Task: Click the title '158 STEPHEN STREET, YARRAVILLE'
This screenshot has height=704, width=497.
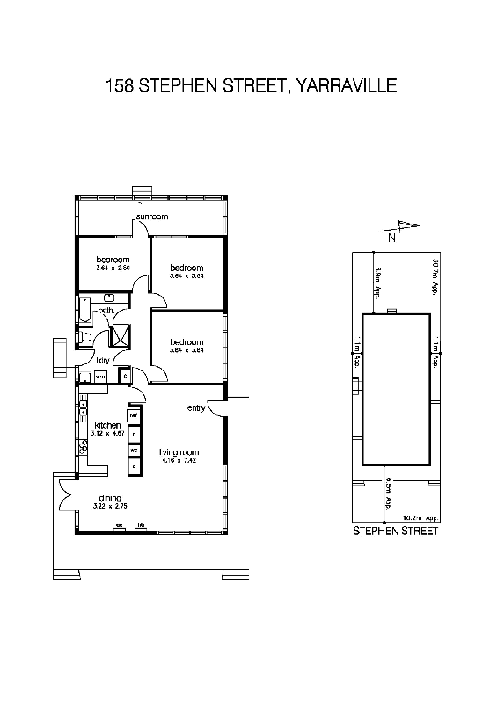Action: [251, 85]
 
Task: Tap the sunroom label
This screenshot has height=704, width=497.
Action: [151, 216]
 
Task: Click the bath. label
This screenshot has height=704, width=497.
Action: [105, 311]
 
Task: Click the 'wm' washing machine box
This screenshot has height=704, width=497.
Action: [100, 377]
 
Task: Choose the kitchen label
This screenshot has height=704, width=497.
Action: [107, 425]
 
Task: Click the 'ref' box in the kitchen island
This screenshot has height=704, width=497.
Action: [135, 414]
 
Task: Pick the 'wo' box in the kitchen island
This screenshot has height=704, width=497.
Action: [135, 450]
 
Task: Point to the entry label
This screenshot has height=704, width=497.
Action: [196, 408]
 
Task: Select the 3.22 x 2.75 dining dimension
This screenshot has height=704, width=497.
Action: [110, 507]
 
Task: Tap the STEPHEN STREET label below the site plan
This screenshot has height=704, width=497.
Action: [395, 532]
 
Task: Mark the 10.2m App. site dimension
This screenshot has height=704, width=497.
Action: [419, 518]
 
